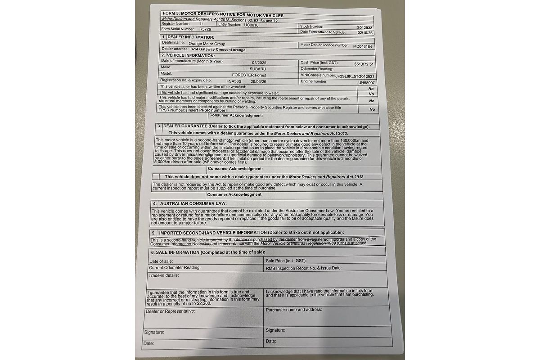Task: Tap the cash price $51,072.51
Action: tap(364, 64)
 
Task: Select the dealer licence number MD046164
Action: tap(362, 46)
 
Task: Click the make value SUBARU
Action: tap(257, 68)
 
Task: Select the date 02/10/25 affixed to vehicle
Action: tap(365, 33)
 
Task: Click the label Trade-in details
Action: tap(164, 275)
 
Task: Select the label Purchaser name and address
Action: tap(293, 310)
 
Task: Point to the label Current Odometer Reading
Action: tap(175, 267)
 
